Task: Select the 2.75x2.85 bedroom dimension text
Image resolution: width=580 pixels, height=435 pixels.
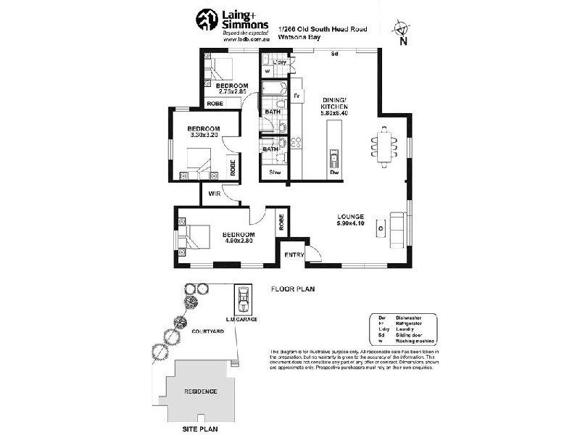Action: point(232,93)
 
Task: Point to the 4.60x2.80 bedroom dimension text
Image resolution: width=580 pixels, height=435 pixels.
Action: point(238,241)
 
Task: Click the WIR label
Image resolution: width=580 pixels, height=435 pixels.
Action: point(214,194)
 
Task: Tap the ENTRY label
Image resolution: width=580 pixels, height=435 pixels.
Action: point(293,254)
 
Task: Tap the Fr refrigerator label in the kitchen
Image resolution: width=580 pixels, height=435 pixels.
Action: point(296,96)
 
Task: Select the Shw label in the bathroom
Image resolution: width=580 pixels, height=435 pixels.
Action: point(275,173)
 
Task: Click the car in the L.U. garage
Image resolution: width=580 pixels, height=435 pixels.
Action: point(242,297)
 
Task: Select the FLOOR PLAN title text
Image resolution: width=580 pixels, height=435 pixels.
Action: point(292,289)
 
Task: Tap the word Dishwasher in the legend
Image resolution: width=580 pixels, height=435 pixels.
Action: point(409,317)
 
